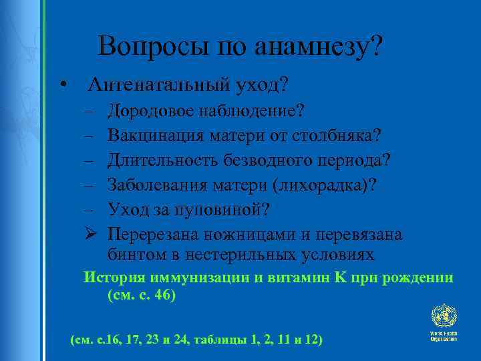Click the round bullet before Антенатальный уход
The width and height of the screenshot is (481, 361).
point(61,85)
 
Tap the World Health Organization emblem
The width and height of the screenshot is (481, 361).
point(444,317)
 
